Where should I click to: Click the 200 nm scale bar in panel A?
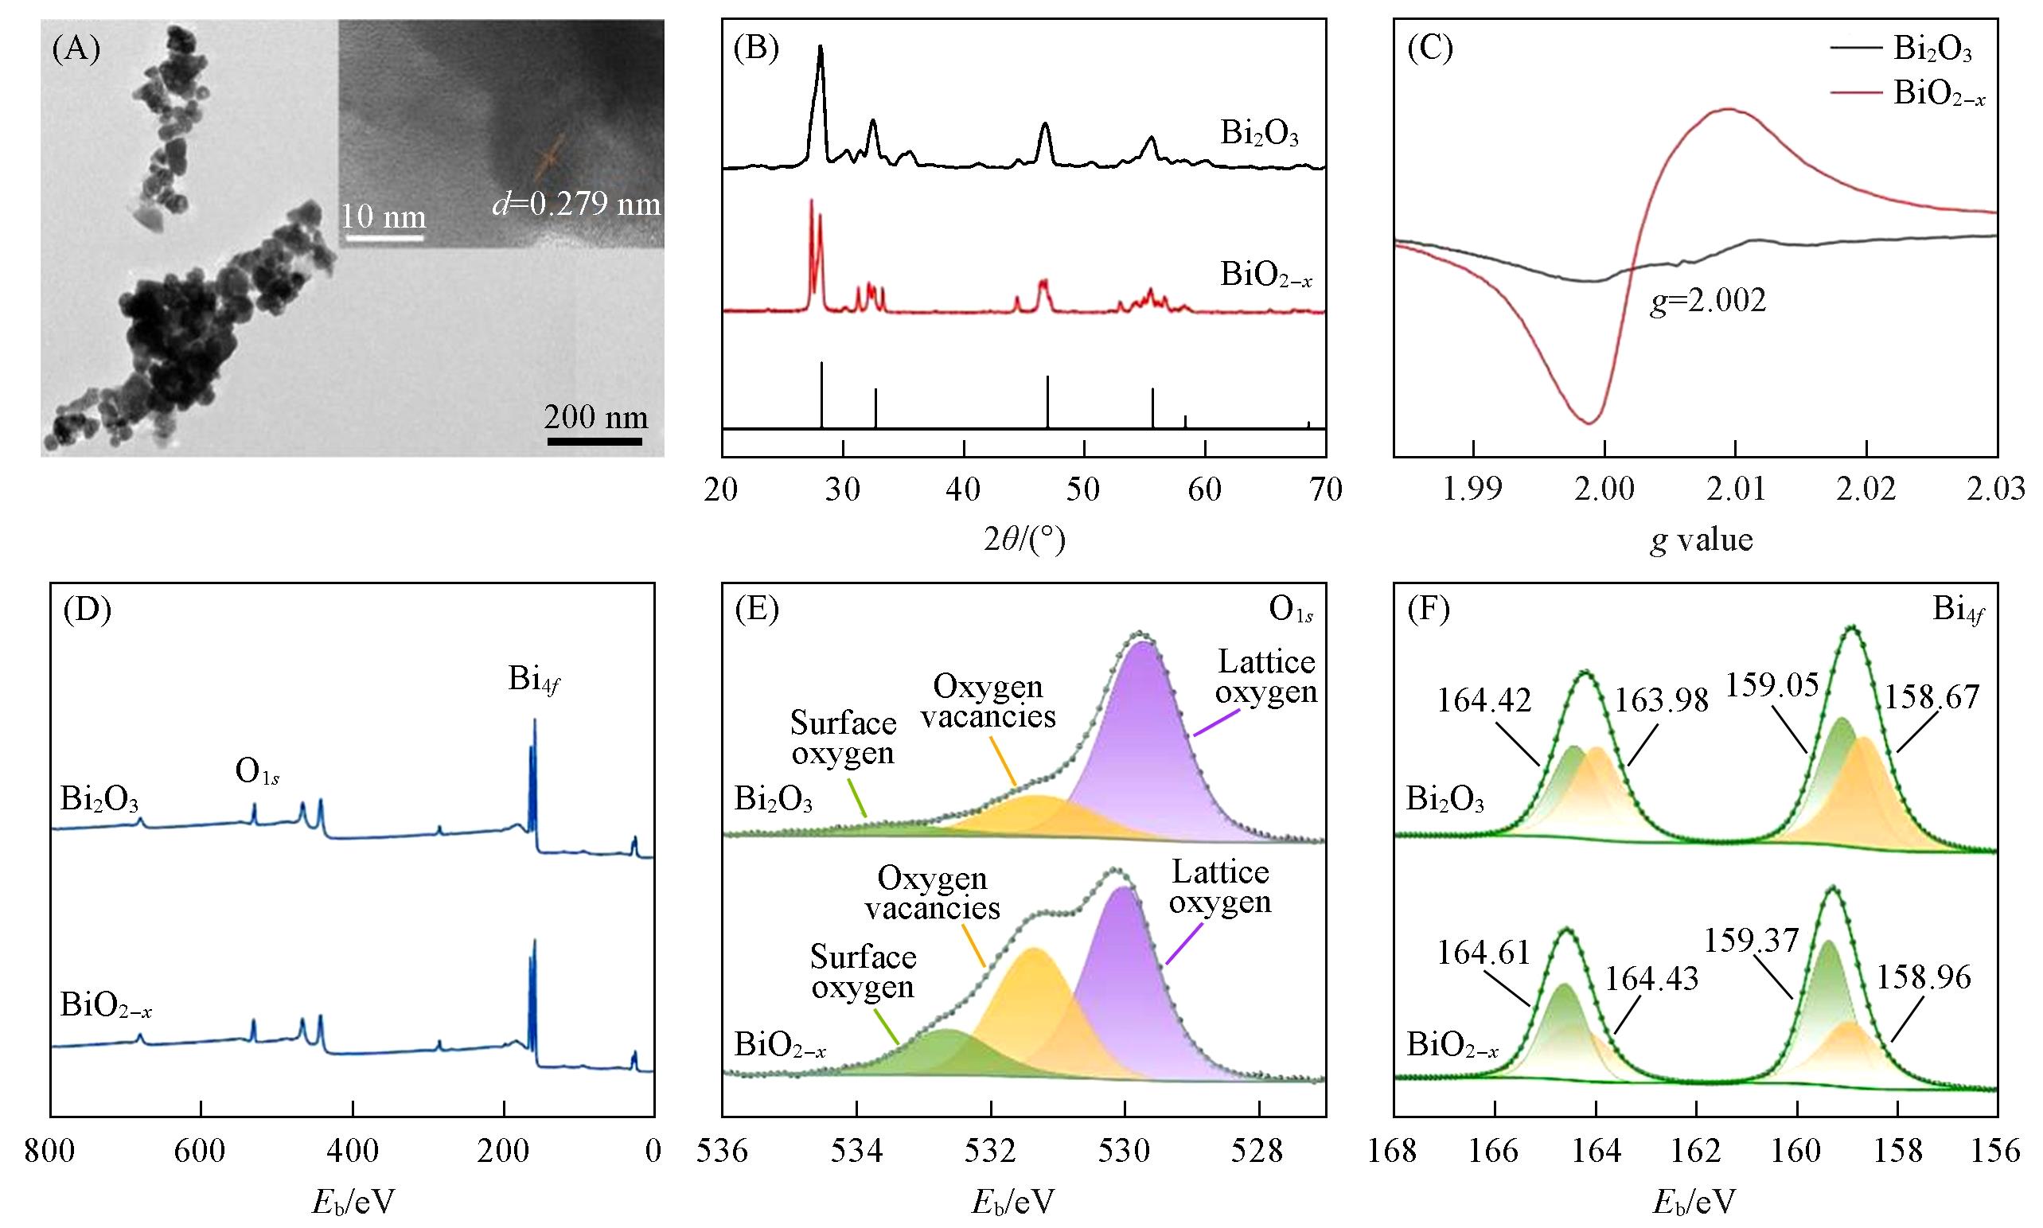point(595,440)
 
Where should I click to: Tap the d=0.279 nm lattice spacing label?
point(577,204)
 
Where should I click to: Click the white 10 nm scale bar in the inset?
point(384,238)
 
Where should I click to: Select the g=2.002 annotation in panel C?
point(1708,300)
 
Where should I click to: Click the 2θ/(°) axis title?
point(1023,540)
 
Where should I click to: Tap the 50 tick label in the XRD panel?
point(1084,490)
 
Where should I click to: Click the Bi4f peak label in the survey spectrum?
point(535,680)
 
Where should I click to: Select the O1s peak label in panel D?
point(256,772)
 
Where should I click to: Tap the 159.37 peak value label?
point(1752,941)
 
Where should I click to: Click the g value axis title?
point(1702,540)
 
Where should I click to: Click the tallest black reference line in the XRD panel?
point(821,396)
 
